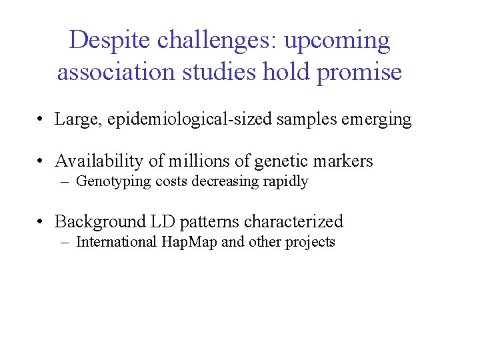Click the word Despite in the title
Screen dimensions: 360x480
click(x=110, y=41)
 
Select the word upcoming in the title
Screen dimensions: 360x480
click(x=337, y=41)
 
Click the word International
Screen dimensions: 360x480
click(x=117, y=241)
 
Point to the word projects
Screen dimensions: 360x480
click(x=310, y=241)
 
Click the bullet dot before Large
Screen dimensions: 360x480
click(x=41, y=121)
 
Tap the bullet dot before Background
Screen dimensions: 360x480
click(x=41, y=222)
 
